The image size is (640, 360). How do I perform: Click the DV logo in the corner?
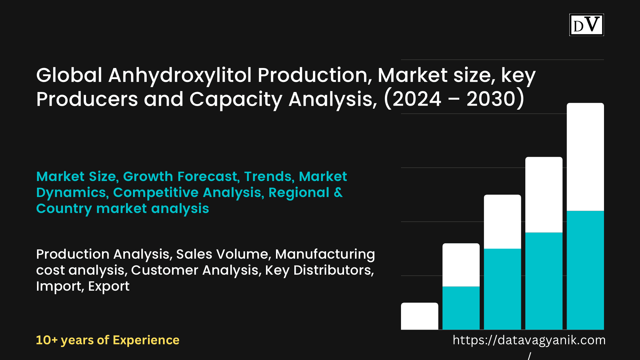(x=587, y=25)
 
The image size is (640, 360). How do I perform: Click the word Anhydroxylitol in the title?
(x=180, y=76)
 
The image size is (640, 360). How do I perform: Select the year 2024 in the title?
(x=417, y=99)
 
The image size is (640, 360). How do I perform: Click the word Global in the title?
(x=69, y=75)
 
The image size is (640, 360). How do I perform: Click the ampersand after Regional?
(x=338, y=193)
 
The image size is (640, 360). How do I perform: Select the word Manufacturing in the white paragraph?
(x=325, y=255)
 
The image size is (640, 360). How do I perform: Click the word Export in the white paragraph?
(x=109, y=287)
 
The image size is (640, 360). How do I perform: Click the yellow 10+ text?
(x=47, y=340)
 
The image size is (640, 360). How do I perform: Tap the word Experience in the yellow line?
(x=146, y=341)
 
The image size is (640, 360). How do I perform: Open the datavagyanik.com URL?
(x=529, y=340)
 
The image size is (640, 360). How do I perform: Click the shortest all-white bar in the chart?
(x=419, y=316)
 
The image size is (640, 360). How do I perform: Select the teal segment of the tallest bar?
(x=585, y=270)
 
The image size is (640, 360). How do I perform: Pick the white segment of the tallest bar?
(x=585, y=157)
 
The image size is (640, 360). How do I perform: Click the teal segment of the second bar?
(x=461, y=308)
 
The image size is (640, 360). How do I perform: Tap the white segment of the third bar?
(x=502, y=222)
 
